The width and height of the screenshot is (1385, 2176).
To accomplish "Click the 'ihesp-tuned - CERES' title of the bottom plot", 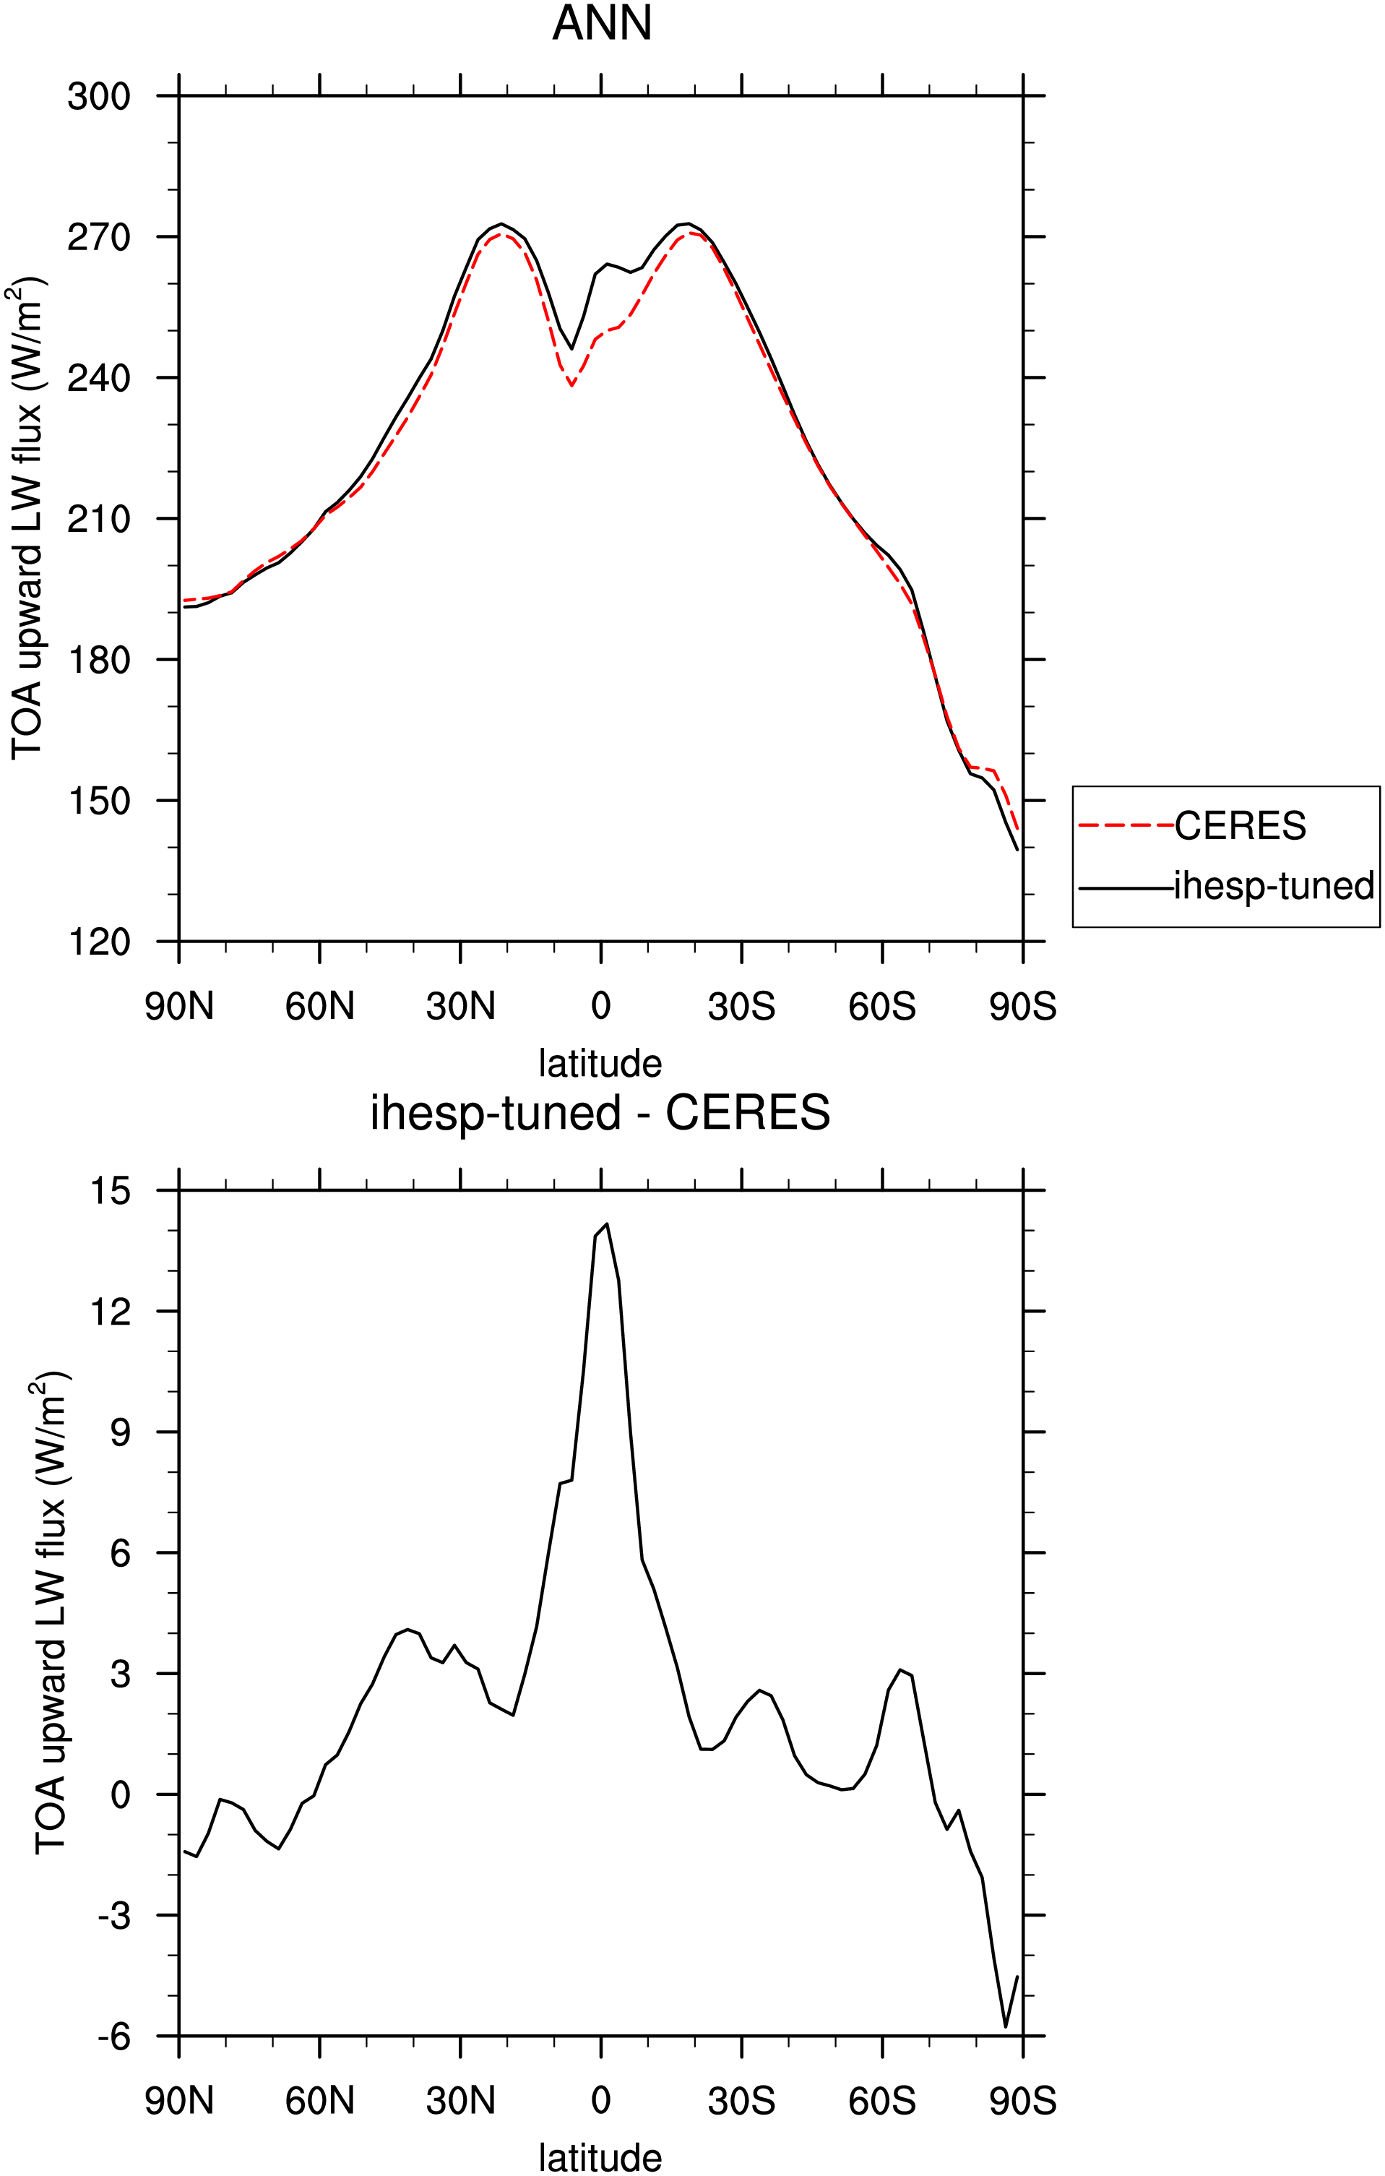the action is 600,1112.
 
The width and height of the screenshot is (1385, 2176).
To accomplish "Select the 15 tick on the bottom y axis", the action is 111,1191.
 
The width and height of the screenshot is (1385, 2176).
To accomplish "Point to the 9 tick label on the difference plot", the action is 120,1432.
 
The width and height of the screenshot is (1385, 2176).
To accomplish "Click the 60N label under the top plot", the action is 320,1006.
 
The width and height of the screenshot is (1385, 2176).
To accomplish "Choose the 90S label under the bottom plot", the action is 1023,2101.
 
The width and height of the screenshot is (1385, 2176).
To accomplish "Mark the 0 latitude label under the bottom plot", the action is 601,2101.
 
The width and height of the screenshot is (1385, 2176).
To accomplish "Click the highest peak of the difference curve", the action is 607,1224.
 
